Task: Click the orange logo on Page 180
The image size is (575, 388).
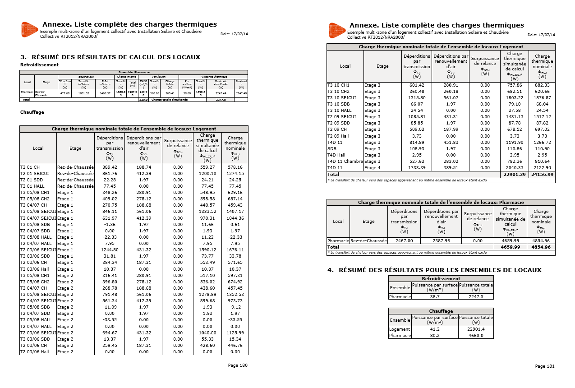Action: [x=29, y=30]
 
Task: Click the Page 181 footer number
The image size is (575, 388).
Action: [x=545, y=366]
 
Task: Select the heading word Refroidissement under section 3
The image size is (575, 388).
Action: [x=39, y=65]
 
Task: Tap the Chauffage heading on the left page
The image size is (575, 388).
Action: [x=32, y=112]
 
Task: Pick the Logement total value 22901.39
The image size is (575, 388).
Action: [x=514, y=174]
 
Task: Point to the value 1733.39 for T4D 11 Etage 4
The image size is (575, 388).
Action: [x=416, y=168]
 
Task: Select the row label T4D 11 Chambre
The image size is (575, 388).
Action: [x=345, y=162]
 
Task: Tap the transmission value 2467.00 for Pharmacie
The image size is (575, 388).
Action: [x=404, y=241]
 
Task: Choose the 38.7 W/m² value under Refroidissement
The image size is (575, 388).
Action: [x=435, y=297]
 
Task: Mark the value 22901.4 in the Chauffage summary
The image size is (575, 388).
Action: [x=476, y=329]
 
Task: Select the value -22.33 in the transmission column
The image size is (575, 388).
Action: [x=110, y=237]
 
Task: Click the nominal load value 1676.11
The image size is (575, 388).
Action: [x=235, y=249]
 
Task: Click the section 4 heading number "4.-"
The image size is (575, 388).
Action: [x=332, y=270]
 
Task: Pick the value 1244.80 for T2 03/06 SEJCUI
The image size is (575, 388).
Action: [x=110, y=249]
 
